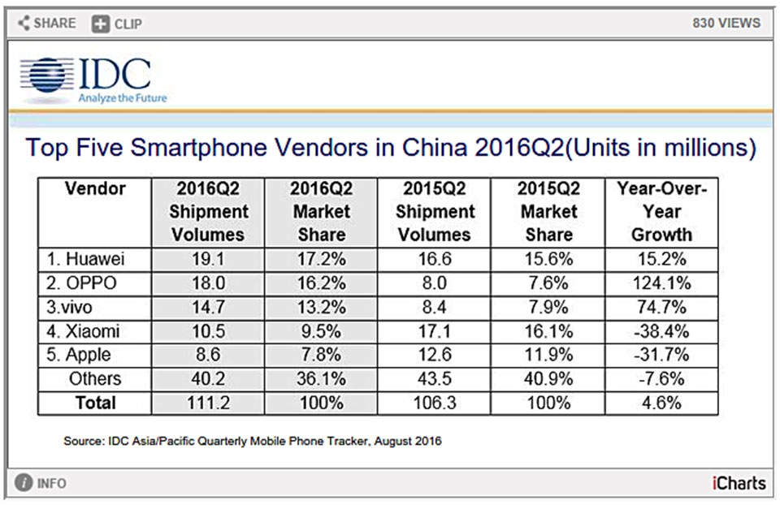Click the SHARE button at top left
pyautogui.click(x=47, y=23)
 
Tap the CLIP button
pyautogui.click(x=117, y=24)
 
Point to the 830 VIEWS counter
pyautogui.click(x=726, y=23)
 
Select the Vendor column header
pyautogui.click(x=95, y=189)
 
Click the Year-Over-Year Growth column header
pyautogui.click(x=661, y=212)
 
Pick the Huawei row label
pyautogui.click(x=86, y=259)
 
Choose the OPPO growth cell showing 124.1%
pyautogui.click(x=661, y=283)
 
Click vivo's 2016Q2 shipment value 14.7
pyautogui.click(x=208, y=308)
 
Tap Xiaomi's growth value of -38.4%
pyautogui.click(x=661, y=331)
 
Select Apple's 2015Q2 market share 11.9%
pyautogui.click(x=548, y=356)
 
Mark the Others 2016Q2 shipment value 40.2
pyautogui.click(x=208, y=379)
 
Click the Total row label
pyautogui.click(x=96, y=403)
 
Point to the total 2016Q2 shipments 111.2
pyautogui.click(x=208, y=403)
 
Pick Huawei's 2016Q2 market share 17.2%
pyautogui.click(x=320, y=259)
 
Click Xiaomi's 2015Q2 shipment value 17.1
pyautogui.click(x=435, y=331)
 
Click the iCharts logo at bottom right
pyautogui.click(x=737, y=484)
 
